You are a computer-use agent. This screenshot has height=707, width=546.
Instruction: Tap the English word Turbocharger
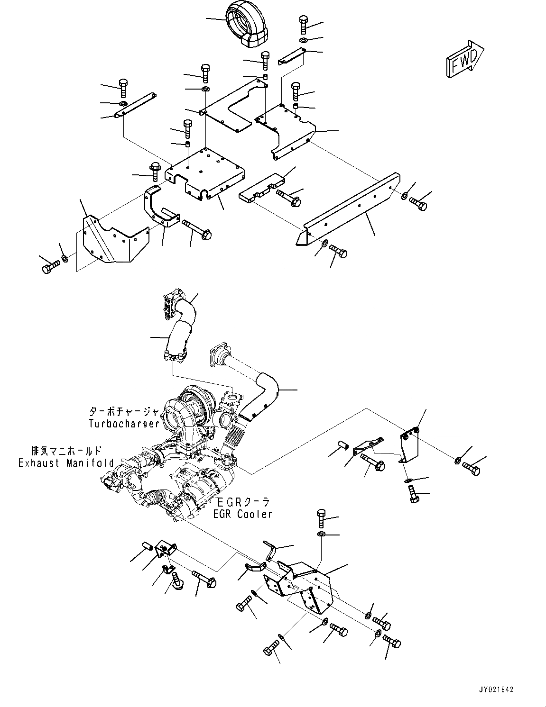tap(124, 423)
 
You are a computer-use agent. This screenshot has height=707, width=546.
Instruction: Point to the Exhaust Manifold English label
tap(66, 463)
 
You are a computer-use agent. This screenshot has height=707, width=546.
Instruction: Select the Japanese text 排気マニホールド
tap(66, 451)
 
